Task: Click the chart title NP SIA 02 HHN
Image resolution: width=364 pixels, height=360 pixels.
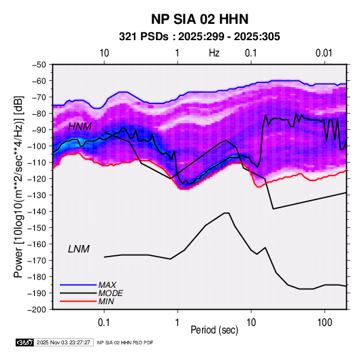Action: click(199, 19)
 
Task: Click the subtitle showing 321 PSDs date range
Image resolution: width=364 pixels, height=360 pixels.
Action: click(199, 37)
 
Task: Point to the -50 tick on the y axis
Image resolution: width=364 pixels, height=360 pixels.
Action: click(39, 65)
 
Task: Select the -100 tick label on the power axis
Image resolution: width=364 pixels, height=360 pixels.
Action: click(37, 146)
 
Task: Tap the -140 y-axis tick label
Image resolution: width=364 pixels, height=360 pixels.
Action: click(37, 212)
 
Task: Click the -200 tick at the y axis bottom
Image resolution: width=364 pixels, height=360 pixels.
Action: click(37, 310)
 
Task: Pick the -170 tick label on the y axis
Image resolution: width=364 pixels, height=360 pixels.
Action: click(37, 261)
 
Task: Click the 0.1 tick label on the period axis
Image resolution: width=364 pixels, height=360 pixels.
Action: click(104, 322)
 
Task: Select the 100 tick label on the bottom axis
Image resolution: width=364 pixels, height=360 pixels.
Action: click(325, 322)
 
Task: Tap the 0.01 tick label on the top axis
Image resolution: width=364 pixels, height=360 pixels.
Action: click(324, 53)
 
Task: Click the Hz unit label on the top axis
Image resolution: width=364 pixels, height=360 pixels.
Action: click(214, 53)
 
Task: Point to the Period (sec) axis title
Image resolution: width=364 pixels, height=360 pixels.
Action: click(214, 330)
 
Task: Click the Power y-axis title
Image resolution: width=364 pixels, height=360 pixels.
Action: click(18, 186)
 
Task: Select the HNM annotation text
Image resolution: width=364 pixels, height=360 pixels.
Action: click(80, 127)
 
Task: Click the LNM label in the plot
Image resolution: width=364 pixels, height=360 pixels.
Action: click(79, 249)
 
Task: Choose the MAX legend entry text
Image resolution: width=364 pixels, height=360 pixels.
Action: click(107, 285)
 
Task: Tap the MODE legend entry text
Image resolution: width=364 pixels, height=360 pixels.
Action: click(110, 293)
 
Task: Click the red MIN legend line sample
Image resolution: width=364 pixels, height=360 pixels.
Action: click(78, 301)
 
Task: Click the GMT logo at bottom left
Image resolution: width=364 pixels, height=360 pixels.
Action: click(25, 342)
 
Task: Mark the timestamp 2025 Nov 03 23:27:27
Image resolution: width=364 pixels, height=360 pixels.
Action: click(63, 342)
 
